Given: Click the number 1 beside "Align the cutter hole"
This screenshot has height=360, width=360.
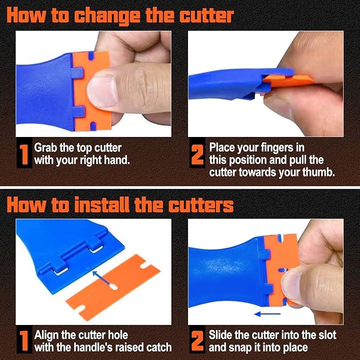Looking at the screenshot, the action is [x=24, y=340].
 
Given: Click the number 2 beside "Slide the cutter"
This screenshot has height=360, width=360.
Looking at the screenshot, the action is [x=197, y=340].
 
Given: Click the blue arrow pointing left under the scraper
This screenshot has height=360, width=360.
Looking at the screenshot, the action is [x=267, y=314].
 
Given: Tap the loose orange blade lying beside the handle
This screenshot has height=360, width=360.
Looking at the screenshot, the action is [x=113, y=287].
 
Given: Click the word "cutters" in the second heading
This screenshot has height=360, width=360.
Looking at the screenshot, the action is [x=200, y=205].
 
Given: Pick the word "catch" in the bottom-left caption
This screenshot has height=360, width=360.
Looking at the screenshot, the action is [x=159, y=347].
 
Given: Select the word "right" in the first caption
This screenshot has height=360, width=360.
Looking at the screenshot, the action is [x=90, y=160].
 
